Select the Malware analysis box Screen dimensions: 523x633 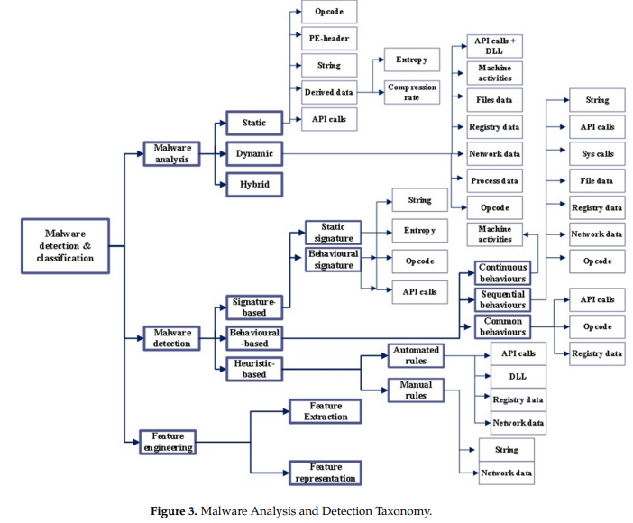(171, 153)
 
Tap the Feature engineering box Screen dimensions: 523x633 (168, 442)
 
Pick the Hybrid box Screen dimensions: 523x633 (253, 184)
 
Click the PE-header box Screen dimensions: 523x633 (329, 39)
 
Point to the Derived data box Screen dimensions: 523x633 (329, 92)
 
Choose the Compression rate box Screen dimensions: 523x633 (411, 92)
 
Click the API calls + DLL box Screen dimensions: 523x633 (494, 47)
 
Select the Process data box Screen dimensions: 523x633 (494, 180)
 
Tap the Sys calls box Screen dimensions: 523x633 (597, 153)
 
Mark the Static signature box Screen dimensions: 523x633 (334, 232)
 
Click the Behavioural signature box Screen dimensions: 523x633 (334, 260)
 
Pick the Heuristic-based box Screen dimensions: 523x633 (253, 368)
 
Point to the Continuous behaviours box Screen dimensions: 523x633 (502, 273)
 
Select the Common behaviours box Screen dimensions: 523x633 (502, 326)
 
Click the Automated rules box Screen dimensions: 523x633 (416, 354)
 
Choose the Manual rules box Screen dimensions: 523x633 (416, 390)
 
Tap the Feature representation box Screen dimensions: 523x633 (325, 472)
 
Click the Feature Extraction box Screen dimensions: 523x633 (325, 412)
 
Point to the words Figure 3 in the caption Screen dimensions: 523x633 (173, 511)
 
